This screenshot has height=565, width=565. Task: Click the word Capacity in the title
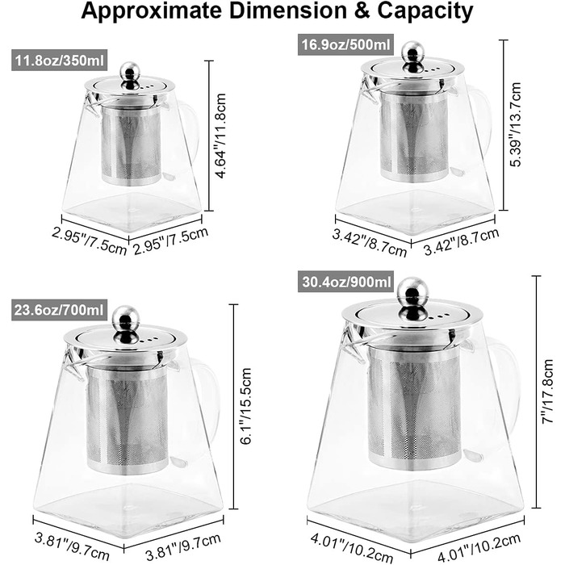(x=425, y=11)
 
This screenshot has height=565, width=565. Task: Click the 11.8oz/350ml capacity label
(x=60, y=61)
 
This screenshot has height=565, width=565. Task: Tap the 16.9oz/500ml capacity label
(x=345, y=45)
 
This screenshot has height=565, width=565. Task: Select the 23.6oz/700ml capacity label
(x=59, y=310)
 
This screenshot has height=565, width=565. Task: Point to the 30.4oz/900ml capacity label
(x=345, y=282)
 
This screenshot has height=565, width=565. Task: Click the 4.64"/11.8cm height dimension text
(x=220, y=136)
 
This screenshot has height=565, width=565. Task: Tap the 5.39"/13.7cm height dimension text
(x=515, y=124)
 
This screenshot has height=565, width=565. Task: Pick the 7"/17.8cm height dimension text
(x=548, y=391)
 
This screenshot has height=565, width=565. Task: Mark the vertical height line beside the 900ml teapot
(x=536, y=391)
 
